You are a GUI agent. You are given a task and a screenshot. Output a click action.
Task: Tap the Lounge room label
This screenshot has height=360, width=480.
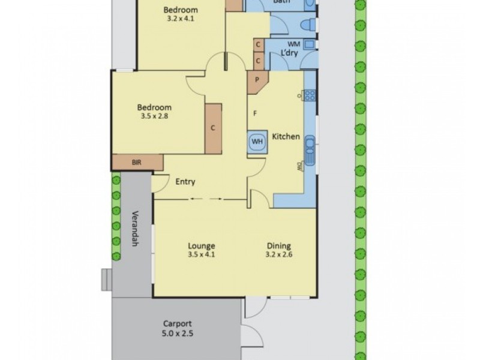[x=202, y=245]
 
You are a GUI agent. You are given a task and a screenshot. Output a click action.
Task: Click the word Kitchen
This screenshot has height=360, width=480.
[x=286, y=137]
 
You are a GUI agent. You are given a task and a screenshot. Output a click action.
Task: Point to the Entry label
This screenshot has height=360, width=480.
[x=185, y=182]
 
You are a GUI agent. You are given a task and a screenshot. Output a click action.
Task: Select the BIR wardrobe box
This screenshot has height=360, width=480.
[x=137, y=162]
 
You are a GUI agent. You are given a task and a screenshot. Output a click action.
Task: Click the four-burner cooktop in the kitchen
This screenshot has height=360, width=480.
[x=310, y=94]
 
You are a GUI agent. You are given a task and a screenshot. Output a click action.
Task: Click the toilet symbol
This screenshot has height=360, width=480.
[x=307, y=25]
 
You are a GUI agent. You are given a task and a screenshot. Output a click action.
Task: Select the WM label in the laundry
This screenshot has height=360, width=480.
[x=293, y=44]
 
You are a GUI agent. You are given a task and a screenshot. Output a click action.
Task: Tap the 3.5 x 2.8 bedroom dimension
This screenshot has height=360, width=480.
[x=154, y=116]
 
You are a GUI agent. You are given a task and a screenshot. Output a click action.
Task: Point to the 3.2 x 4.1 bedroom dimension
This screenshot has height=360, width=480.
[x=181, y=19]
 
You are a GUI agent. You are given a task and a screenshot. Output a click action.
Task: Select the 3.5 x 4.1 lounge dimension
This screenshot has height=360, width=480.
[x=202, y=254]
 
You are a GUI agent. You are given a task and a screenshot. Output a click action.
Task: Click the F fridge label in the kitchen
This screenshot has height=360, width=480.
[x=255, y=113]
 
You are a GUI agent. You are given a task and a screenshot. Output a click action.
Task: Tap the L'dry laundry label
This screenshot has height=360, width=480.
[x=290, y=53]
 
